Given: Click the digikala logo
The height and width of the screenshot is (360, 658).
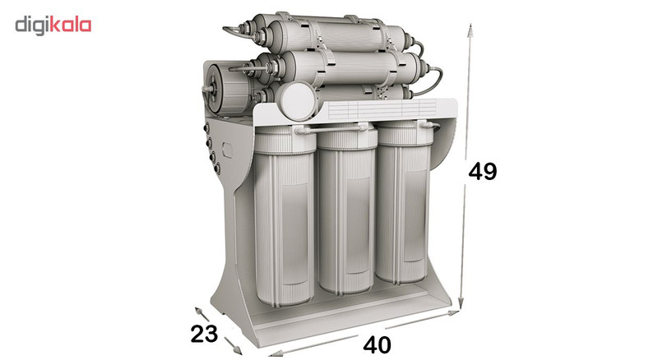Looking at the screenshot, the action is (53, 25).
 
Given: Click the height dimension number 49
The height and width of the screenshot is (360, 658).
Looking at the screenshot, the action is (482, 171).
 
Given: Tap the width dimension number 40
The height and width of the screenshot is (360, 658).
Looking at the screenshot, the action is (377, 345).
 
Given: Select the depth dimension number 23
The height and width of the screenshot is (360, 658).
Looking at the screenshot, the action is (204, 334).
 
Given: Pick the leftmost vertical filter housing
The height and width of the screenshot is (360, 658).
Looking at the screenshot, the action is (285, 216).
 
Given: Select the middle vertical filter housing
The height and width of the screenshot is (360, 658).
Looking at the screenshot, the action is (347, 209).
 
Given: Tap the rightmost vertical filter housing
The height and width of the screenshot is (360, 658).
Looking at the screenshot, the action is (403, 202).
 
